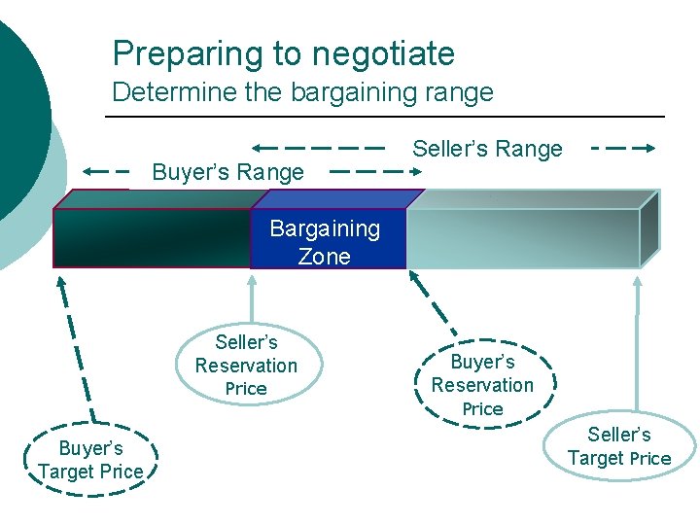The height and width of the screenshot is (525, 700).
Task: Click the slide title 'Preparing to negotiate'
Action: coord(283,53)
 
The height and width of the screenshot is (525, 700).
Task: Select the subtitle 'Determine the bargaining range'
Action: coord(302,93)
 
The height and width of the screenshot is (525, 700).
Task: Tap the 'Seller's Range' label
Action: coord(487,149)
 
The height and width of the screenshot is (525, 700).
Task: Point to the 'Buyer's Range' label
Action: coord(227,173)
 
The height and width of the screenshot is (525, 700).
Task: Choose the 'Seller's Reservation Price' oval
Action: coord(246,365)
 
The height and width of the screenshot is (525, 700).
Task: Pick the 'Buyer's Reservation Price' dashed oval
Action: coord(482,384)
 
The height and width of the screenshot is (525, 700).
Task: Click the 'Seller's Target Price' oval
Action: coord(619,446)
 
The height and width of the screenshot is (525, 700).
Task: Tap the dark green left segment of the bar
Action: coord(151,238)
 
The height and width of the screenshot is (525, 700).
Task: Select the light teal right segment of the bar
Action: coord(522,238)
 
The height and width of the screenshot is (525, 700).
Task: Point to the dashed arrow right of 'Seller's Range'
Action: coord(624,149)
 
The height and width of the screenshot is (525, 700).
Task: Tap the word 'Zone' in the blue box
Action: coord(325,257)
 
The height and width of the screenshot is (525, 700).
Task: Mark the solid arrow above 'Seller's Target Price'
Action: coord(638,345)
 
